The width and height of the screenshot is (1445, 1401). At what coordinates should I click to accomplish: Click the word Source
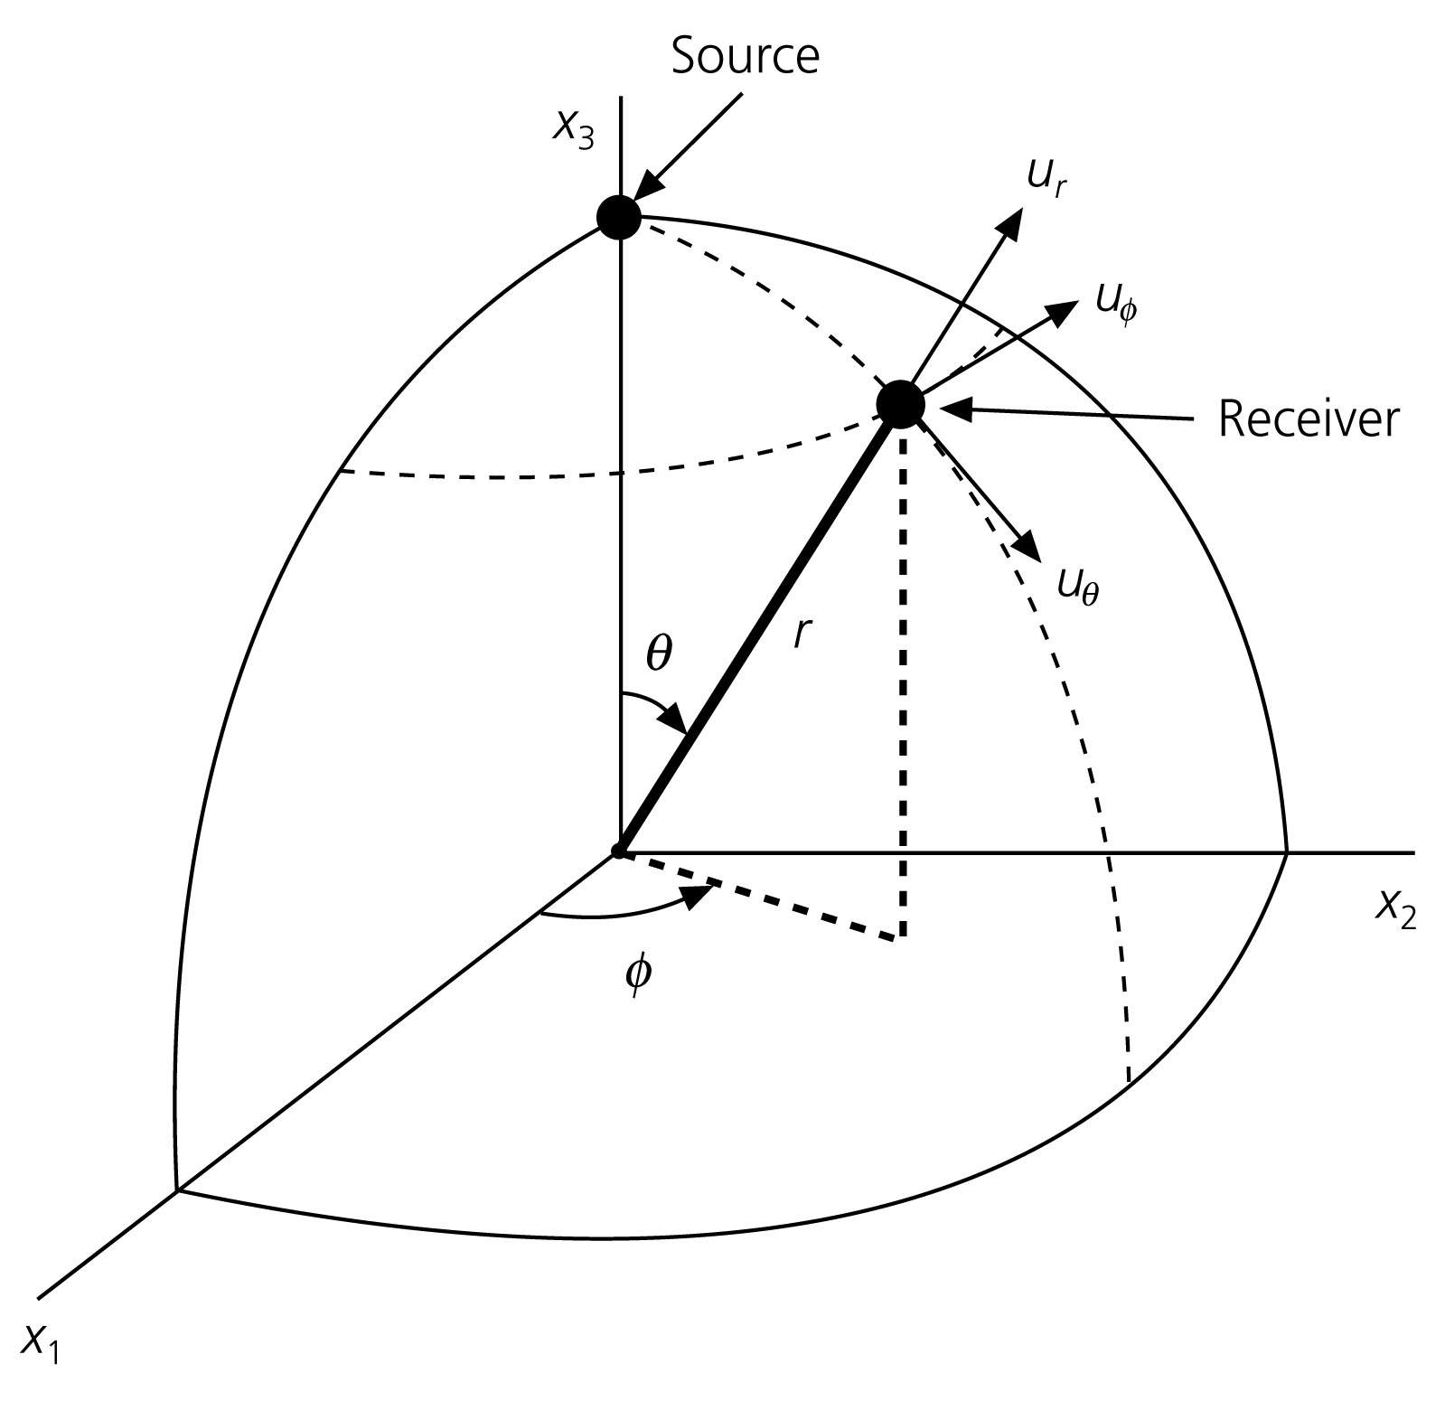[x=745, y=56]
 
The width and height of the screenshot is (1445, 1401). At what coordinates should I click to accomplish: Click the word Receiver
[x=1308, y=419]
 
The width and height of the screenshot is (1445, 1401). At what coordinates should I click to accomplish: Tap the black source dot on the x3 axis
[x=619, y=217]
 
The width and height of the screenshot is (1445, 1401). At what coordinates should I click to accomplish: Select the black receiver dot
[x=901, y=404]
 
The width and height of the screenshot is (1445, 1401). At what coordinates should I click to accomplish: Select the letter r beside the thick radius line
[x=800, y=634]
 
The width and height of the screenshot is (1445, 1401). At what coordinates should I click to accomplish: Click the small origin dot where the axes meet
[x=619, y=851]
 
